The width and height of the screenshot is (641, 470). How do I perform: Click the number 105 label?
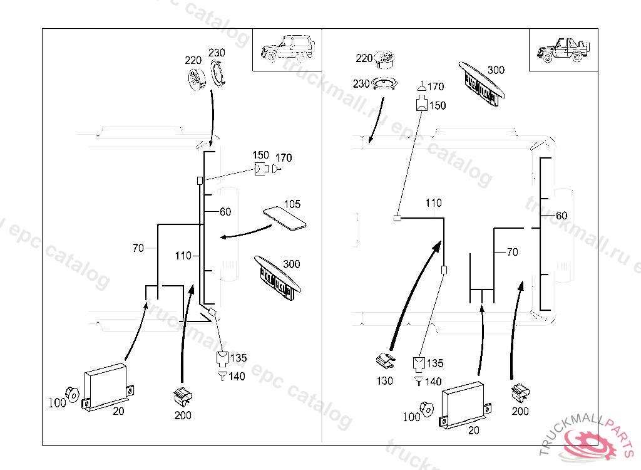[292, 204]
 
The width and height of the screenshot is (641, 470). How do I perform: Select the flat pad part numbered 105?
[285, 219]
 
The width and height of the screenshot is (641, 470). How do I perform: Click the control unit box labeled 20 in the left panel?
[108, 386]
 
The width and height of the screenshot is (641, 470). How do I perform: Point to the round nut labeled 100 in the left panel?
[73, 394]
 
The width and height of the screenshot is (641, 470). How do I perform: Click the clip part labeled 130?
[386, 361]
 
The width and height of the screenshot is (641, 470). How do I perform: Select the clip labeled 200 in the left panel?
[182, 395]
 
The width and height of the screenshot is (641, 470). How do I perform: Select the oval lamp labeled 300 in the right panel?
[481, 85]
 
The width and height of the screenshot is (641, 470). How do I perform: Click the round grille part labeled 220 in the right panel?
[384, 60]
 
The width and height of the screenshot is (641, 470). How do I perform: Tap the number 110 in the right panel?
[433, 203]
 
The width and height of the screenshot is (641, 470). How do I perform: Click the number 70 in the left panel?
[138, 248]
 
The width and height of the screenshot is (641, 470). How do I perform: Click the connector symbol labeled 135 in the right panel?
[419, 363]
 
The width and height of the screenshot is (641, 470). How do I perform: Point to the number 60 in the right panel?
[562, 216]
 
